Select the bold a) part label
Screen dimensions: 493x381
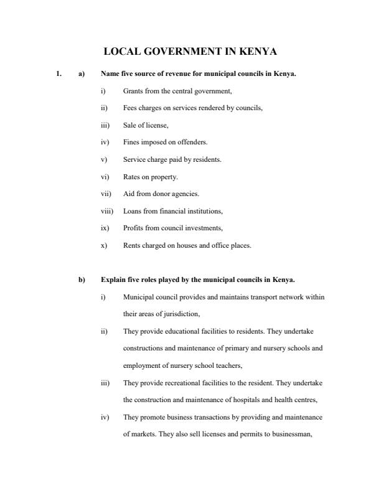click(81, 74)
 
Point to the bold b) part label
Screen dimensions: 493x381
click(81, 279)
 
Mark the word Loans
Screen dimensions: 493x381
click(132, 211)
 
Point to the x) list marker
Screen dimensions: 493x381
click(103, 245)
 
